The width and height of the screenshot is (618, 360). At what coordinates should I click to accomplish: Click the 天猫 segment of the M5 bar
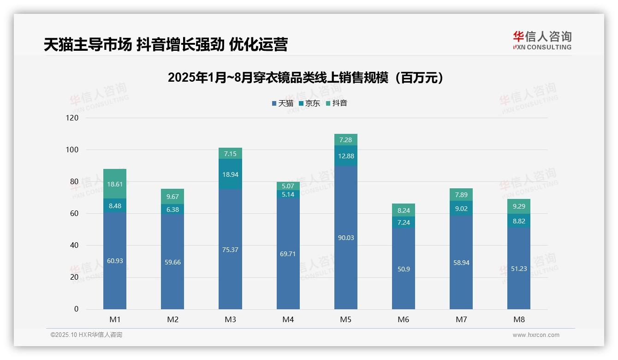[345, 238]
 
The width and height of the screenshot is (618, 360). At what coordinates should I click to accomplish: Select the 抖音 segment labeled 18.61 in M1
[115, 184]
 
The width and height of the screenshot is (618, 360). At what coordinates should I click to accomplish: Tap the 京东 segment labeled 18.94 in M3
[230, 174]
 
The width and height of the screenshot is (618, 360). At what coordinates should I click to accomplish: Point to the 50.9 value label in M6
[403, 269]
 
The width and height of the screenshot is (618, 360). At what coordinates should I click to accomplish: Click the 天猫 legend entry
[282, 103]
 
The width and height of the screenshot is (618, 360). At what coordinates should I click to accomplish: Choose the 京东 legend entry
[309, 103]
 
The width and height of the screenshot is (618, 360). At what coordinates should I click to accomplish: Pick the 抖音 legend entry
[336, 103]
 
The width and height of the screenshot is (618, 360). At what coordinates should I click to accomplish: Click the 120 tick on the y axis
[73, 118]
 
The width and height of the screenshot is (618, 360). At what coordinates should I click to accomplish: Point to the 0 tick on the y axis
[76, 309]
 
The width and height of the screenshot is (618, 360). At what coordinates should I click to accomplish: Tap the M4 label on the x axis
[288, 320]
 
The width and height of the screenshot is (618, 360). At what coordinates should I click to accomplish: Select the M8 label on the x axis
[518, 320]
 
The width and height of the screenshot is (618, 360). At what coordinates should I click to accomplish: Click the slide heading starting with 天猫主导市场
[166, 45]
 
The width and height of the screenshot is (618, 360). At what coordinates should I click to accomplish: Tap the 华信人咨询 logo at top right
[542, 40]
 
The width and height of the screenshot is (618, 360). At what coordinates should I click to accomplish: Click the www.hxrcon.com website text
[536, 335]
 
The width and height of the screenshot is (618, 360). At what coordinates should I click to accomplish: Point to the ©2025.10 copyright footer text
[86, 335]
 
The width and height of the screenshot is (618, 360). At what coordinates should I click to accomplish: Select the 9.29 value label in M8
[518, 206]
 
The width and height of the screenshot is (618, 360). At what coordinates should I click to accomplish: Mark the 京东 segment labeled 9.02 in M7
[461, 208]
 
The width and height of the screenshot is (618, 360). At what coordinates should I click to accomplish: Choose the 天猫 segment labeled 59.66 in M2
[172, 262]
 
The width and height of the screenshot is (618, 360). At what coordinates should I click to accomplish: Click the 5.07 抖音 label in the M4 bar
[288, 186]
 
